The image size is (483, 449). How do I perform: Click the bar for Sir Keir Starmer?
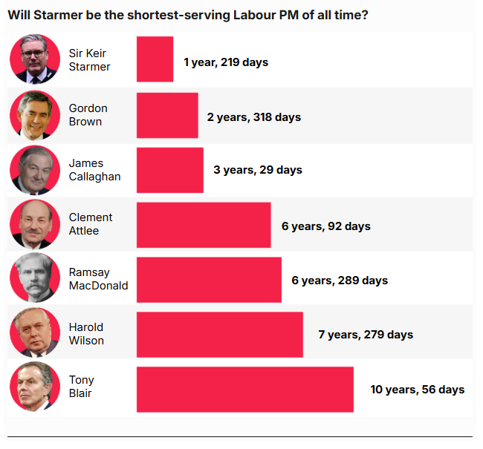coord(155,59)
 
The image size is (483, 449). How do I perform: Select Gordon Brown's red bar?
coord(167,115)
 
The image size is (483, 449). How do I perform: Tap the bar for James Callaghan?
coord(169,170)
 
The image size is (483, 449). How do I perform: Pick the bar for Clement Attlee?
coord(204,225)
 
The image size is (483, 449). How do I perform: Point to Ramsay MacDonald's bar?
coord(209,280)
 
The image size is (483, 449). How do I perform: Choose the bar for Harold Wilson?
coord(219,335)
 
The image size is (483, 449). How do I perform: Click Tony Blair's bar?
coord(244,390)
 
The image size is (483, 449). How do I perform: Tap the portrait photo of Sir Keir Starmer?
coord(35,59)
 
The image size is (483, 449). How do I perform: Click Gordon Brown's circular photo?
coord(35,115)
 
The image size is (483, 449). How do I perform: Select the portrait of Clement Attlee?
coord(35,225)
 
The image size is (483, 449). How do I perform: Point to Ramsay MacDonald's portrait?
coord(35,280)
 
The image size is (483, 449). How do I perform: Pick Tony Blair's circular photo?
coord(35,390)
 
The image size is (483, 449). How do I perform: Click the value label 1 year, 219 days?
coord(226,62)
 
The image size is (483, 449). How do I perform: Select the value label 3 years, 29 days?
coord(258,170)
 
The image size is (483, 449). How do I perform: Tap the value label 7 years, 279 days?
coord(366,335)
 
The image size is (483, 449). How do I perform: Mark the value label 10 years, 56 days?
coord(418,390)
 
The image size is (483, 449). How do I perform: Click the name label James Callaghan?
coord(94,170)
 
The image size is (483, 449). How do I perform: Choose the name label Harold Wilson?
coord(86,334)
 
